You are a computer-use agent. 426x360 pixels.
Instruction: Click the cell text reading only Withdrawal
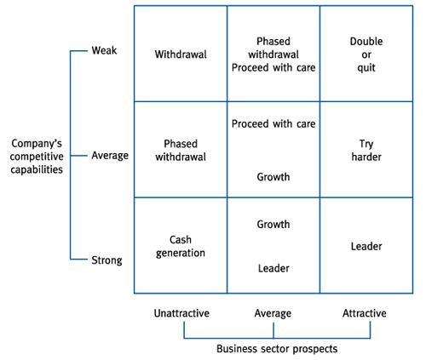(181, 54)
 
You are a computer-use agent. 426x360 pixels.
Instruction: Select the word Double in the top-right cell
(366, 42)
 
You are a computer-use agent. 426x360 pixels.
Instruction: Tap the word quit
(366, 68)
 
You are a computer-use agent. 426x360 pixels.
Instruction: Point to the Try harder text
(366, 151)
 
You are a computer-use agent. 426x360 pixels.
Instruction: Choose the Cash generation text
(181, 247)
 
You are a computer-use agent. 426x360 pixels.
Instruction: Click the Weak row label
(104, 50)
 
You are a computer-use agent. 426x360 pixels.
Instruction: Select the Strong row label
(106, 260)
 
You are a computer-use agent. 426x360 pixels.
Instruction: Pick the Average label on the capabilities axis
(110, 156)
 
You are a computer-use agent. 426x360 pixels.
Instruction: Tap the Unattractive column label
(181, 313)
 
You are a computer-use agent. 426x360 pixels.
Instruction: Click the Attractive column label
(365, 313)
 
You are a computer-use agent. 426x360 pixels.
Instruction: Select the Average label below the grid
(273, 313)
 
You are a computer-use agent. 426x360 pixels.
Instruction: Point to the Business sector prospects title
(277, 349)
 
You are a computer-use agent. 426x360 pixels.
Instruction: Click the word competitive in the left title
(37, 157)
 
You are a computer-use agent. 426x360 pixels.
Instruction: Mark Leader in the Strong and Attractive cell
(366, 246)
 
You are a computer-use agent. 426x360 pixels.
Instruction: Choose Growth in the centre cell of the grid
(273, 177)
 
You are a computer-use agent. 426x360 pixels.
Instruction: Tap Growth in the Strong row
(273, 225)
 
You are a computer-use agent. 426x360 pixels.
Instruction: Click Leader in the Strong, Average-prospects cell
(273, 268)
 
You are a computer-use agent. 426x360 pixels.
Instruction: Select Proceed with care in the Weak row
(273, 68)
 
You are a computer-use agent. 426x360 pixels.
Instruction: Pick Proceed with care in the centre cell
(273, 124)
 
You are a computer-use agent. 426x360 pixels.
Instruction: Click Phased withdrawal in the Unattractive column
(181, 151)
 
